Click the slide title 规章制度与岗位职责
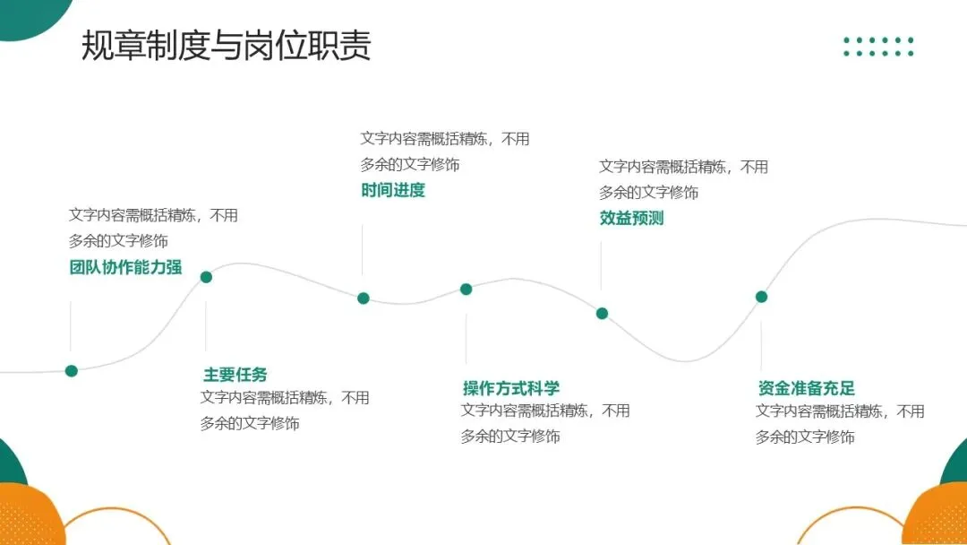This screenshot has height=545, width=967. point(226,46)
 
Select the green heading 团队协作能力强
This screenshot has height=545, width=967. point(125,267)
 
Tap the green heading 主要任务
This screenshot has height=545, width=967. point(235,375)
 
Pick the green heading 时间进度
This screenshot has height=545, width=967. point(393,190)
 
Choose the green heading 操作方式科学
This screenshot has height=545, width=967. point(511,388)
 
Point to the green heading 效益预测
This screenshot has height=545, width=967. point(631,218)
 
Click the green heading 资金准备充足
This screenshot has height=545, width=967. point(806,388)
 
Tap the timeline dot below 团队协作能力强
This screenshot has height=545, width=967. point(72,371)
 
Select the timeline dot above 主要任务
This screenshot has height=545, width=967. point(206,277)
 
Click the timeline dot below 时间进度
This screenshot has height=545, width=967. point(364,298)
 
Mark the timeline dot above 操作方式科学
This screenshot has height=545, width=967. point(466,289)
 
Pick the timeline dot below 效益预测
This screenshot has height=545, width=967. point(602,314)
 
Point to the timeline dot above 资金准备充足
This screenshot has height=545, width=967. point(761,297)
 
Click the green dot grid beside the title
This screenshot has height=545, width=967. point(878,47)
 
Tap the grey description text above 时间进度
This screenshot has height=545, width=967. point(445,151)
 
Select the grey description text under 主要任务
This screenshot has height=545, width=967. point(285,411)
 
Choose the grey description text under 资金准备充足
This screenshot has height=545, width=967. point(840,424)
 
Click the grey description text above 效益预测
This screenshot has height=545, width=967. point(683,179)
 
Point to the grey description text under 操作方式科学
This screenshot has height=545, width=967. point(545,423)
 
